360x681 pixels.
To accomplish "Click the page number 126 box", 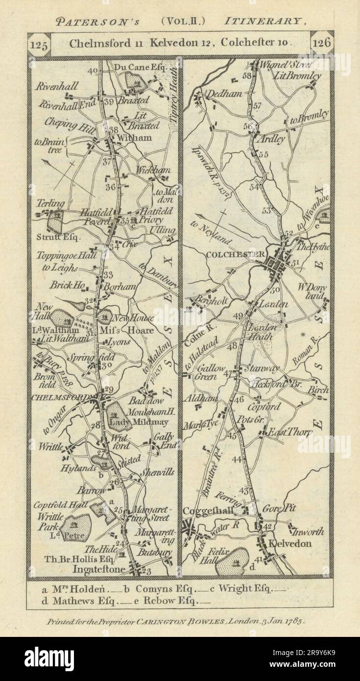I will pos(322,43).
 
